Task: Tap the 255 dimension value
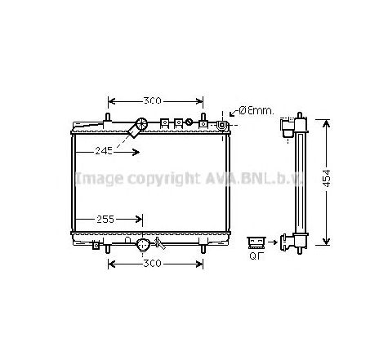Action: point(103,220)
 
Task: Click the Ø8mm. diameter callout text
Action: point(255,110)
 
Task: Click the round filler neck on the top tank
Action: point(141,126)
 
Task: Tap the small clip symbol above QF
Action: point(256,240)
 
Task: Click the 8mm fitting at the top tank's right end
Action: point(221,126)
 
